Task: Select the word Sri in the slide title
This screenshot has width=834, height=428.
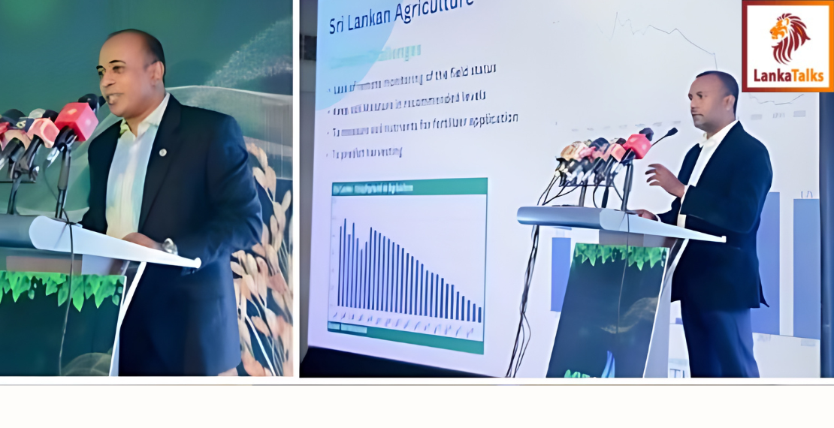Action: coord(340,26)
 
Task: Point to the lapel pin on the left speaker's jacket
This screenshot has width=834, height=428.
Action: coord(163,152)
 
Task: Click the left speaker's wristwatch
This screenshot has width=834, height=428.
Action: coord(169,246)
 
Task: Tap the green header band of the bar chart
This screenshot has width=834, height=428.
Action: coord(408,185)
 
